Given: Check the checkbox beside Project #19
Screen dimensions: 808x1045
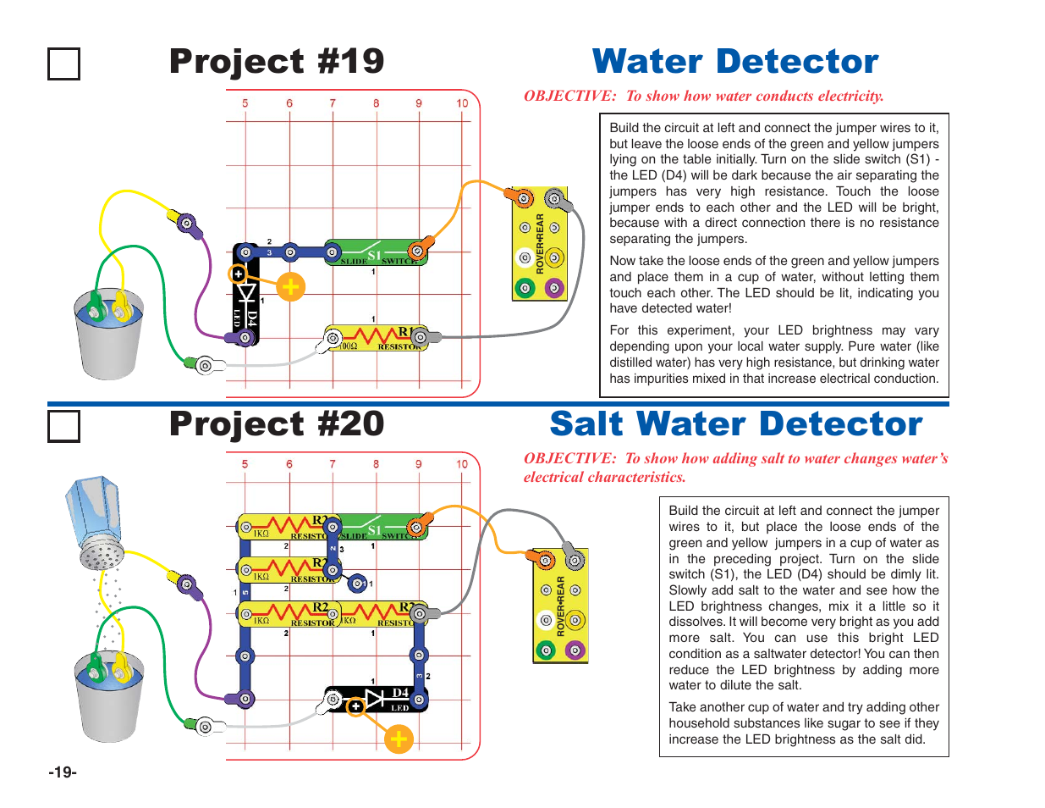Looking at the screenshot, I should tap(63, 64).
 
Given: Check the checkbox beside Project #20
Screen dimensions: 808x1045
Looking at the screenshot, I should tap(63, 426).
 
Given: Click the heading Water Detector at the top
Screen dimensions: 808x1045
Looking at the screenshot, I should tap(735, 62).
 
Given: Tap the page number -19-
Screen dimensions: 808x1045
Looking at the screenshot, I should tap(63, 772).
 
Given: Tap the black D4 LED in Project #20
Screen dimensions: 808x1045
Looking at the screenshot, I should tap(377, 700).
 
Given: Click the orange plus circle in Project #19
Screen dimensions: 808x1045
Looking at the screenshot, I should tap(290, 287).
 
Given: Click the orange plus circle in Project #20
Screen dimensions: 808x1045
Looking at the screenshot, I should tap(398, 739).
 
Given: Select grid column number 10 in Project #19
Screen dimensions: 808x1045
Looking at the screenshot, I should tap(462, 103).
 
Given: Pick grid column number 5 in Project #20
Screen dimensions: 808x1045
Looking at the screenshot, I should tap(245, 464).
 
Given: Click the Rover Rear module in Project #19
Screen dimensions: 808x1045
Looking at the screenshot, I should tap(539, 244).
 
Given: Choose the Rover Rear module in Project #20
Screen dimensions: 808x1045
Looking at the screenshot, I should tap(560, 605).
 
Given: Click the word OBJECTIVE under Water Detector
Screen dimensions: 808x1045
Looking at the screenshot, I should tap(569, 96).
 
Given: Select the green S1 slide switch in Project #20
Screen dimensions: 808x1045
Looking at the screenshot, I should tap(381, 528).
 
